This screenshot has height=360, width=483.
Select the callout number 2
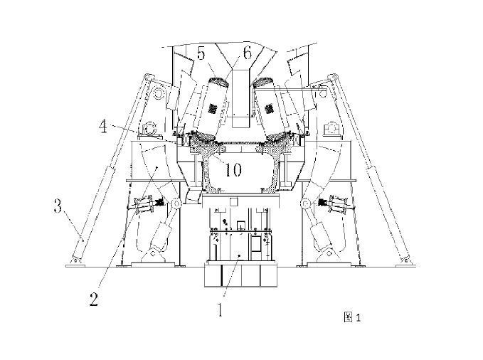point(94,299)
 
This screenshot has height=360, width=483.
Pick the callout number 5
point(201,53)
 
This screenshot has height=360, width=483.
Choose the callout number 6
point(247,52)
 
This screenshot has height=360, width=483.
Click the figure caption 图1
point(353,317)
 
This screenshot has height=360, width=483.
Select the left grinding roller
point(211,107)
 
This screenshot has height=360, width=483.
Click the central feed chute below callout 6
point(241,92)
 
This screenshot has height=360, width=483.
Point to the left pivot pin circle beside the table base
point(174,205)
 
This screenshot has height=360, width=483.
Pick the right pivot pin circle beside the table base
point(307,205)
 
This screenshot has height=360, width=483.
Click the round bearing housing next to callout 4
point(150,129)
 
